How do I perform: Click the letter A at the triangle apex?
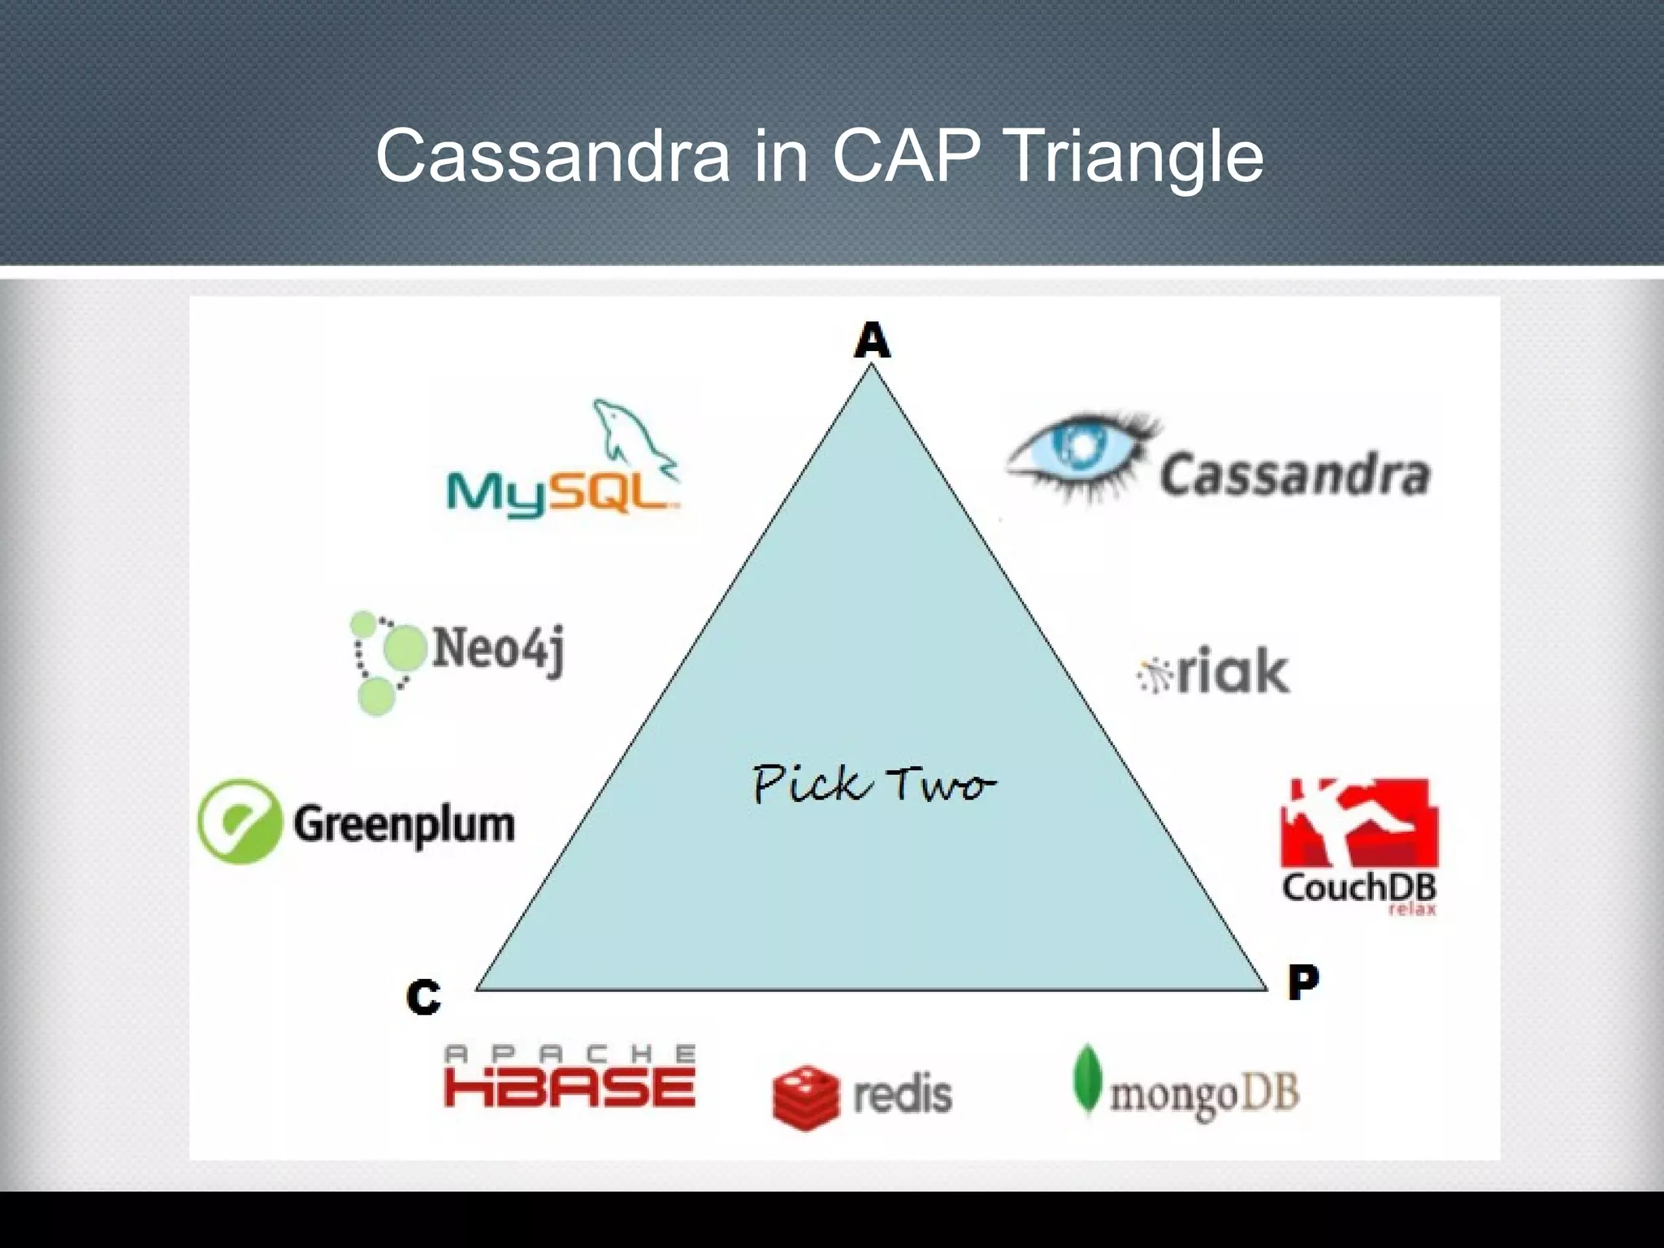click(872, 341)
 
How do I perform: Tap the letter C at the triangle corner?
click(422, 997)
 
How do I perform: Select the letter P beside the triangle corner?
click(1303, 982)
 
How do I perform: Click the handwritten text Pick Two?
click(873, 785)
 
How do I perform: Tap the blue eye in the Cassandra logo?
click(1079, 455)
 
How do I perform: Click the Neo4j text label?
click(497, 650)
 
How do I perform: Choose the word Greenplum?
click(404, 825)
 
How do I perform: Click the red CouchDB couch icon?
click(1358, 822)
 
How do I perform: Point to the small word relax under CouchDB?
click(1412, 910)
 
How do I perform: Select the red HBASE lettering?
click(570, 1089)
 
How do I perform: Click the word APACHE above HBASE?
click(570, 1054)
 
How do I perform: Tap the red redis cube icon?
click(805, 1097)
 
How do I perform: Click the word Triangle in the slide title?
click(1134, 156)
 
